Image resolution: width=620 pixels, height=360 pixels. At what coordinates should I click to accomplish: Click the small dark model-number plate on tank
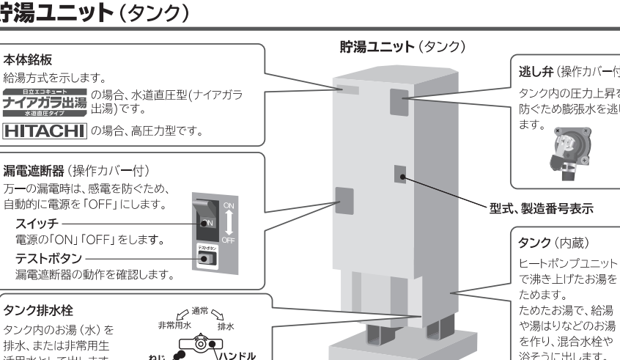click(399, 173)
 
